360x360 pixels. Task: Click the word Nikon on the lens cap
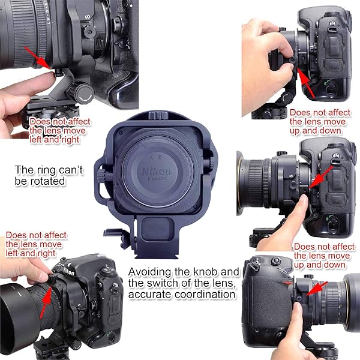[x=157, y=172]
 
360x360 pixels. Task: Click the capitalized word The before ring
[x=26, y=170]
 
